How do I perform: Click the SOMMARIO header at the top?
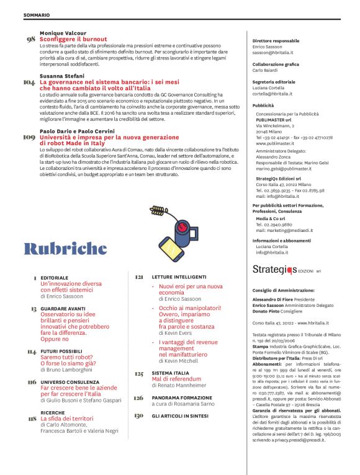coord(37,14)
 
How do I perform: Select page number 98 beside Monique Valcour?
coord(30,40)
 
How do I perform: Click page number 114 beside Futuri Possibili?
coord(32,352)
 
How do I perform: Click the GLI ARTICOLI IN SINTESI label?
coord(181,415)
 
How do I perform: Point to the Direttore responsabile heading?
coord(276,40)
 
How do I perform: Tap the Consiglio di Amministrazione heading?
coord(284,290)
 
